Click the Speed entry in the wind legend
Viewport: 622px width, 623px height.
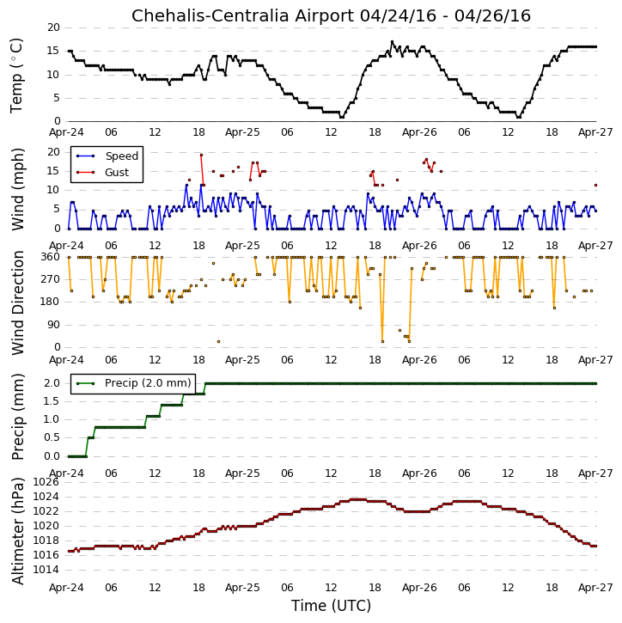121,156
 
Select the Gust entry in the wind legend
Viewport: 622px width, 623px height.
117,173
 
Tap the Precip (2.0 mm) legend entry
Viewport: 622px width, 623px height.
148,383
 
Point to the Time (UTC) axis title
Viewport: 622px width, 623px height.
331,606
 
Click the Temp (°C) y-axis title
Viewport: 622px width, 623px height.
16,76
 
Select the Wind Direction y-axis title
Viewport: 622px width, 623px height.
18,302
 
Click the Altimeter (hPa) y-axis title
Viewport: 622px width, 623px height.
18,531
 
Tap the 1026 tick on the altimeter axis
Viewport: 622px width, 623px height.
46,482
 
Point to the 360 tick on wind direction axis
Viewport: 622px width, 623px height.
51,257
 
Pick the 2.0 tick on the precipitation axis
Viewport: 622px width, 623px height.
52,383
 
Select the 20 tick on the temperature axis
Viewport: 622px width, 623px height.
53,27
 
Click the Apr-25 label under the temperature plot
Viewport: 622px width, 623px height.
242,132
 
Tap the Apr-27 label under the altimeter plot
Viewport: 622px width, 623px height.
595,588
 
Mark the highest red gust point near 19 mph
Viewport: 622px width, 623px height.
201,156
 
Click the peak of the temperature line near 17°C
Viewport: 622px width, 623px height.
392,42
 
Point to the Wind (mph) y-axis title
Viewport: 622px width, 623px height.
18,190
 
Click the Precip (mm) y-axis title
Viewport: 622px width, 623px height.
18,417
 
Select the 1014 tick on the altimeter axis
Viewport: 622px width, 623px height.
46,571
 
